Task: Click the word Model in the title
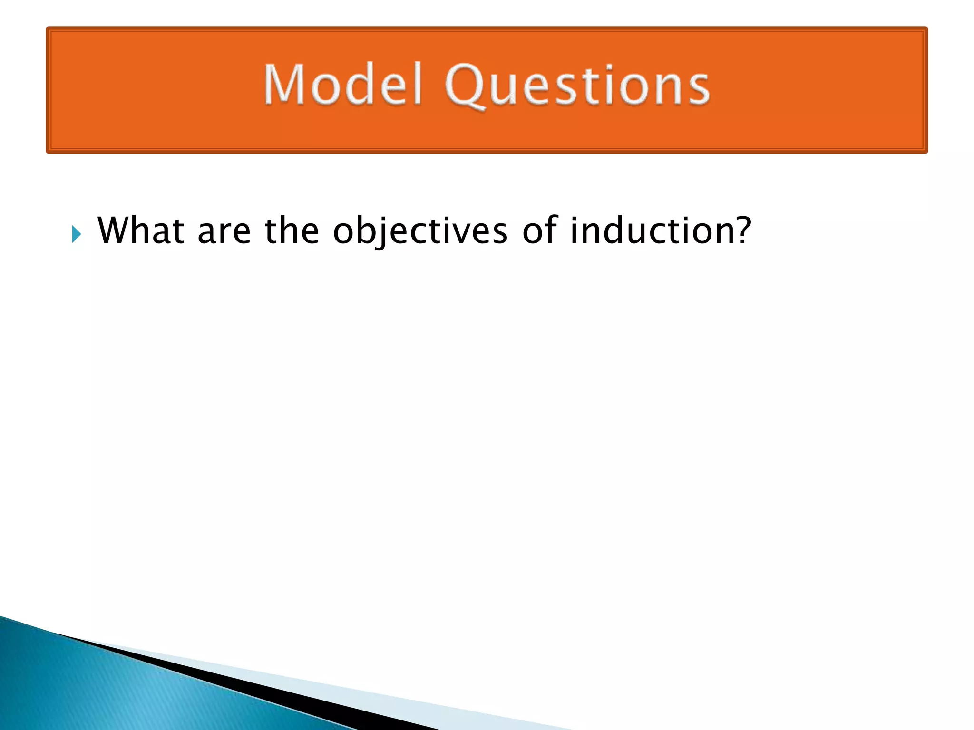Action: click(x=343, y=85)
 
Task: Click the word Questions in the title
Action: click(x=577, y=86)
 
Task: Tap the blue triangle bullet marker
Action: click(x=77, y=234)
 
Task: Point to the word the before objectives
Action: click(x=292, y=231)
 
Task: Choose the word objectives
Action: click(x=420, y=231)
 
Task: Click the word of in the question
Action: click(x=539, y=231)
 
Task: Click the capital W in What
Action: click(x=114, y=231)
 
